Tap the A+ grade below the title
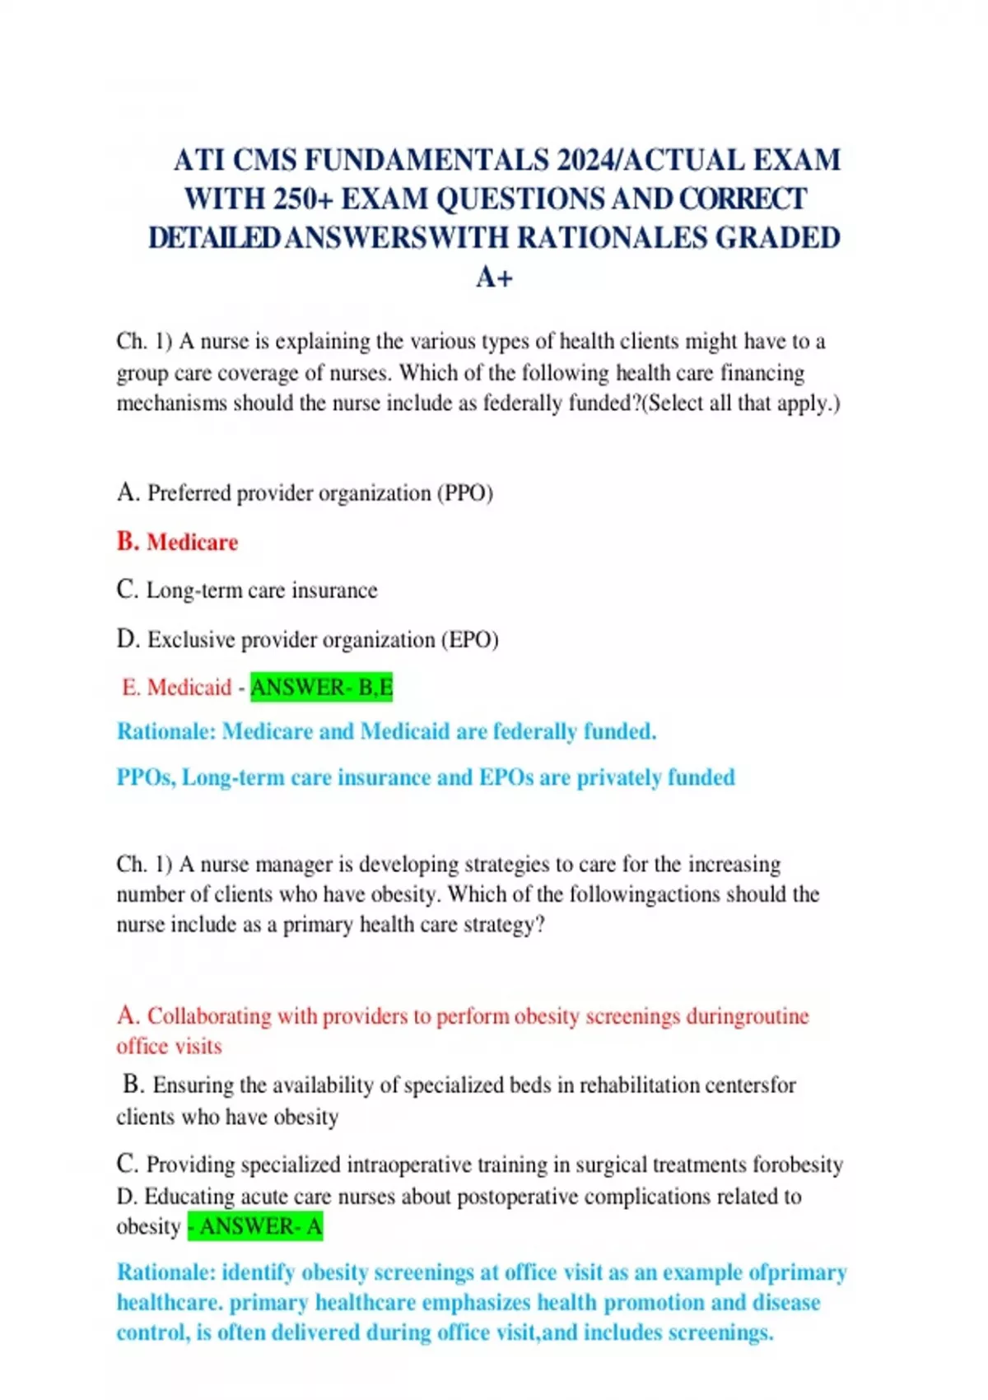point(494,278)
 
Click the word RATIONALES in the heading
point(613,238)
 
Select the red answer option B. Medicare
point(177,542)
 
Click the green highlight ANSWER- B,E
point(321,687)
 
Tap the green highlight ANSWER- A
point(255,1226)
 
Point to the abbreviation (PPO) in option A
point(466,493)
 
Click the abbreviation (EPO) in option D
point(470,640)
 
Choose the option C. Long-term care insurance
point(247,590)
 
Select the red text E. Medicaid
point(176,687)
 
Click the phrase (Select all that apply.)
point(740,404)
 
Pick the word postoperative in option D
point(517,1196)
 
